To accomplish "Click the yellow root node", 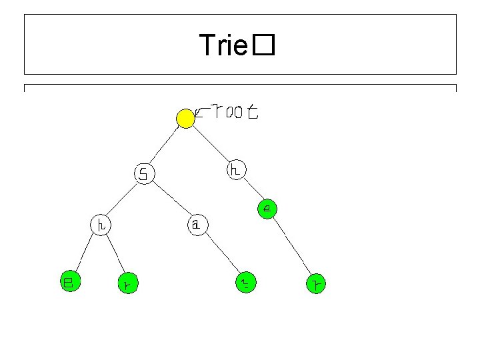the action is coord(186,119).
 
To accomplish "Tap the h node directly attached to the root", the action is coord(237,170).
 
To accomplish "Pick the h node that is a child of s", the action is coord(101,225).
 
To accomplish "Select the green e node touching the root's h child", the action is coord(267,209).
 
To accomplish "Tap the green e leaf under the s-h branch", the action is coord(68,281).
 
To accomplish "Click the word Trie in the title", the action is coord(224,46).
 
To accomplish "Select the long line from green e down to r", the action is coord(291,247).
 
